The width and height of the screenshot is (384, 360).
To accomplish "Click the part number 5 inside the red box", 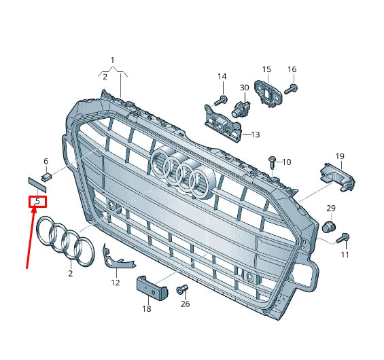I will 37,201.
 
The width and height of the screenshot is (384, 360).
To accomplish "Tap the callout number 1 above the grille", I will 113,60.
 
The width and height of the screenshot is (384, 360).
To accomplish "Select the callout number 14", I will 222,76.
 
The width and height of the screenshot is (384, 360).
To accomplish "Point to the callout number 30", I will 244,88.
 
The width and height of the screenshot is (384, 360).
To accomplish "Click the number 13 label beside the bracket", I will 255,134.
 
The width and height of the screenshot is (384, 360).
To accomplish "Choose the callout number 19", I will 340,156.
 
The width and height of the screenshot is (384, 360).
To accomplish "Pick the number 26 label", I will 185,304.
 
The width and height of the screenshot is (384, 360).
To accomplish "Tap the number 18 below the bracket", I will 146,309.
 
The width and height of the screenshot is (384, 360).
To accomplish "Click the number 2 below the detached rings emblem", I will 70,274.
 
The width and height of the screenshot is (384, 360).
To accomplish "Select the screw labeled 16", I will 290,88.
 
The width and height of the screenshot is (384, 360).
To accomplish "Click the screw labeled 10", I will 273,160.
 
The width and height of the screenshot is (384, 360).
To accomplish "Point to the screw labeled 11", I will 343,237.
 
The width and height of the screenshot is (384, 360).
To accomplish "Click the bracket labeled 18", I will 150,289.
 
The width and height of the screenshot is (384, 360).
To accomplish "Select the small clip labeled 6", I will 47,179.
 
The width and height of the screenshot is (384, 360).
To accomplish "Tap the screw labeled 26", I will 181,290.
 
